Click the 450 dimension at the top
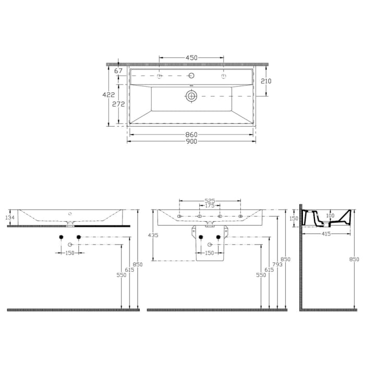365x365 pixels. click(x=191, y=58)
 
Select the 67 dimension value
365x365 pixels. click(x=118, y=70)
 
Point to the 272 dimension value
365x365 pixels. click(x=118, y=104)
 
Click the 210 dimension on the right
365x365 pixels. click(x=266, y=81)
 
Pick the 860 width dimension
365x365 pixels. click(x=191, y=135)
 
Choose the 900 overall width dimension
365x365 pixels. click(x=191, y=142)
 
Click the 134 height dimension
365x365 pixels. click(x=10, y=217)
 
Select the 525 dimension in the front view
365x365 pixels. click(x=210, y=200)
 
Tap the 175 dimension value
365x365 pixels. click(x=209, y=206)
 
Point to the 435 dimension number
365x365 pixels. click(x=153, y=236)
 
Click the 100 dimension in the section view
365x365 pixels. click(x=330, y=215)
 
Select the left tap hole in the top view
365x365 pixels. click(x=160, y=77)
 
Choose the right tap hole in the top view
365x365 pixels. click(x=224, y=77)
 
